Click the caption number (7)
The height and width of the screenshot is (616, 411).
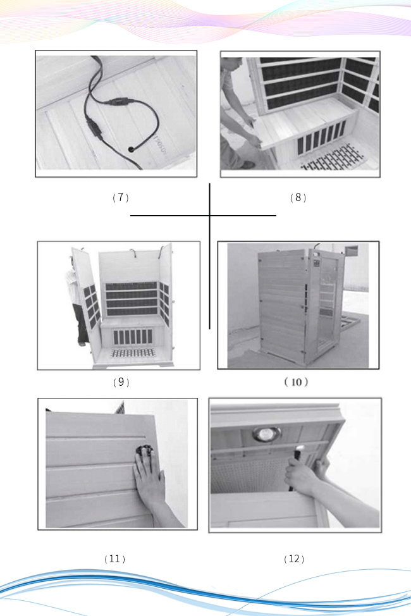point(120,198)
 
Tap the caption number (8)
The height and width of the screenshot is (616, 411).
point(298,198)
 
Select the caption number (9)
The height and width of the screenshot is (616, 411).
point(120,382)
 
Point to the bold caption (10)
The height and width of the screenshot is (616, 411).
point(296,382)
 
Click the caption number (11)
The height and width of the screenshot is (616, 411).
point(114,559)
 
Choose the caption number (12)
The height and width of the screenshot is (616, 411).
point(294,559)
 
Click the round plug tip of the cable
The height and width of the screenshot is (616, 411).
point(130,149)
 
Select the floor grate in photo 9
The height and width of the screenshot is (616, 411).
point(133,352)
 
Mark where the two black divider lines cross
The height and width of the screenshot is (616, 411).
point(210,216)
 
